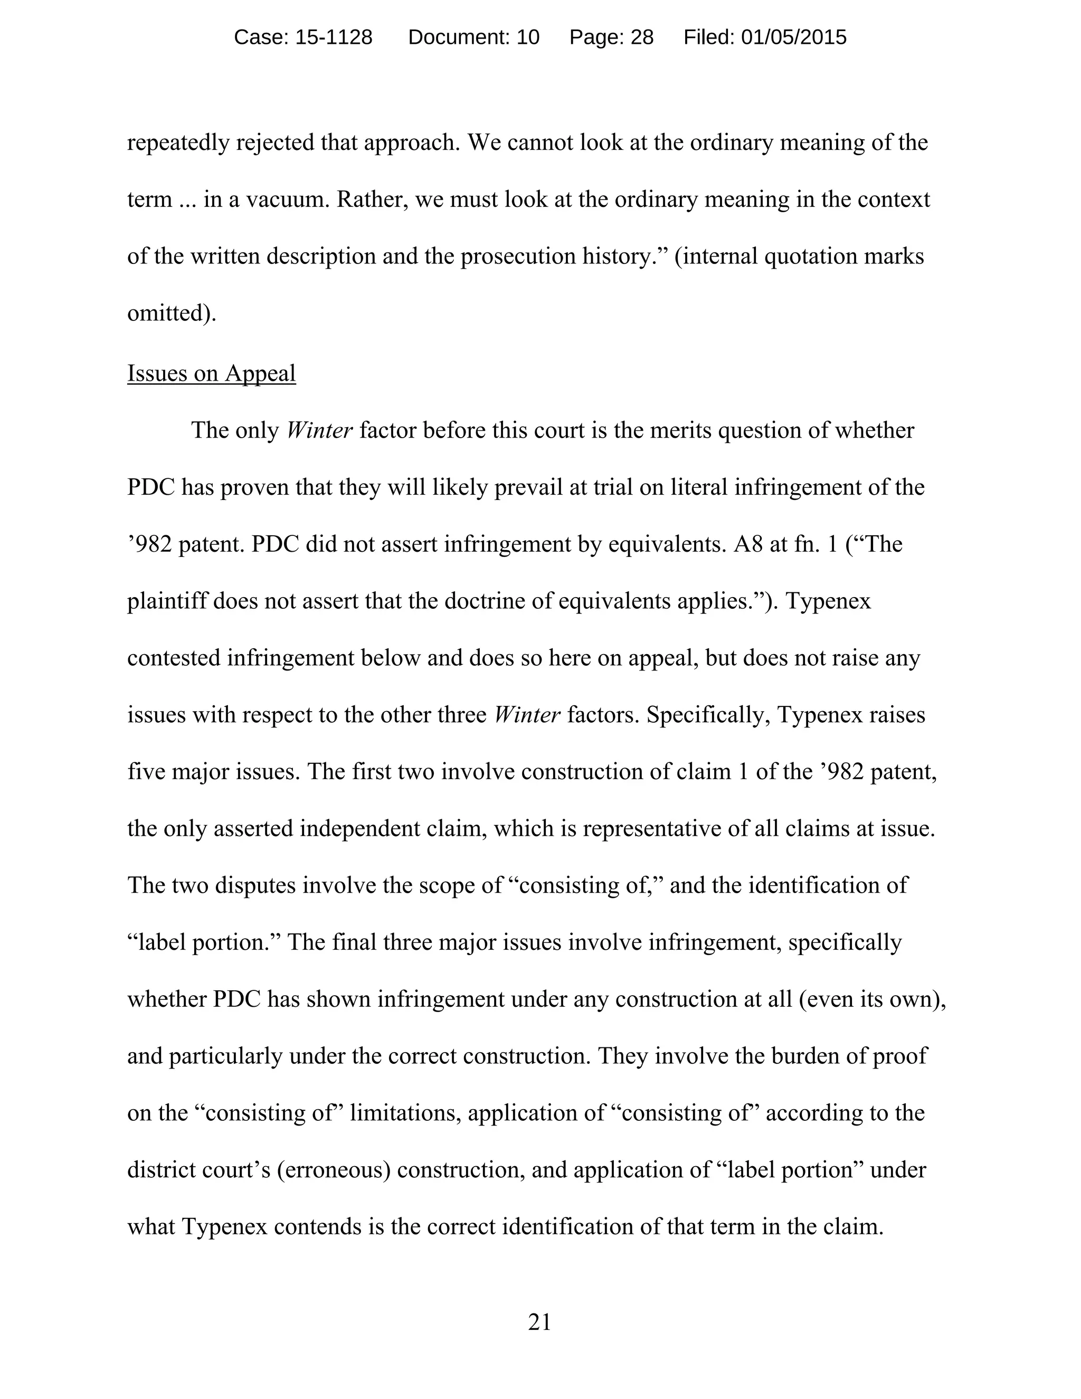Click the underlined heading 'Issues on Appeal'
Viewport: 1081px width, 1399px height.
[x=211, y=373]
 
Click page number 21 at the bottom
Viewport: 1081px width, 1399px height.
[x=539, y=1322]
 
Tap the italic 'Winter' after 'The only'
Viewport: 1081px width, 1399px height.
[x=319, y=430]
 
